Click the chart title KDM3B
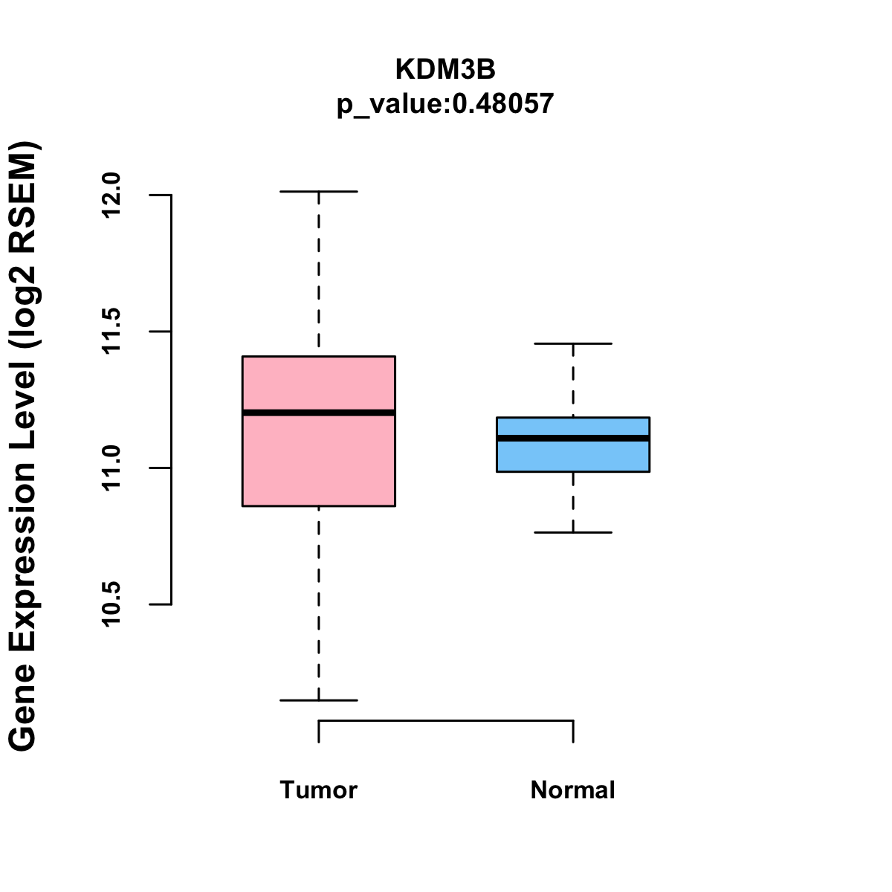[445, 69]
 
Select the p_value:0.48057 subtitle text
[445, 103]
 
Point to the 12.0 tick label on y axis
[111, 195]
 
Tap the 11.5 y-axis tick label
[111, 332]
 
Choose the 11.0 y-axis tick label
[111, 468]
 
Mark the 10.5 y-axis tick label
[111, 604]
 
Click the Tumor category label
[319, 789]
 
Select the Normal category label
[573, 789]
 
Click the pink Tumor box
[319, 461]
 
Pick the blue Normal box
[573, 455]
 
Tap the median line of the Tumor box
[319, 413]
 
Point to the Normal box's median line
[573, 439]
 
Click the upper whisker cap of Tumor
[319, 192]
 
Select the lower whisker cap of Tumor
[319, 700]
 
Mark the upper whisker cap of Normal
[573, 343]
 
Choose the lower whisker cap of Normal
[573, 532]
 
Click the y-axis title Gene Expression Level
[24, 446]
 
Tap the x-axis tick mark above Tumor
[319, 731]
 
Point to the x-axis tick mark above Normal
[573, 731]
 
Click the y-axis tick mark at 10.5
[162, 604]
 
